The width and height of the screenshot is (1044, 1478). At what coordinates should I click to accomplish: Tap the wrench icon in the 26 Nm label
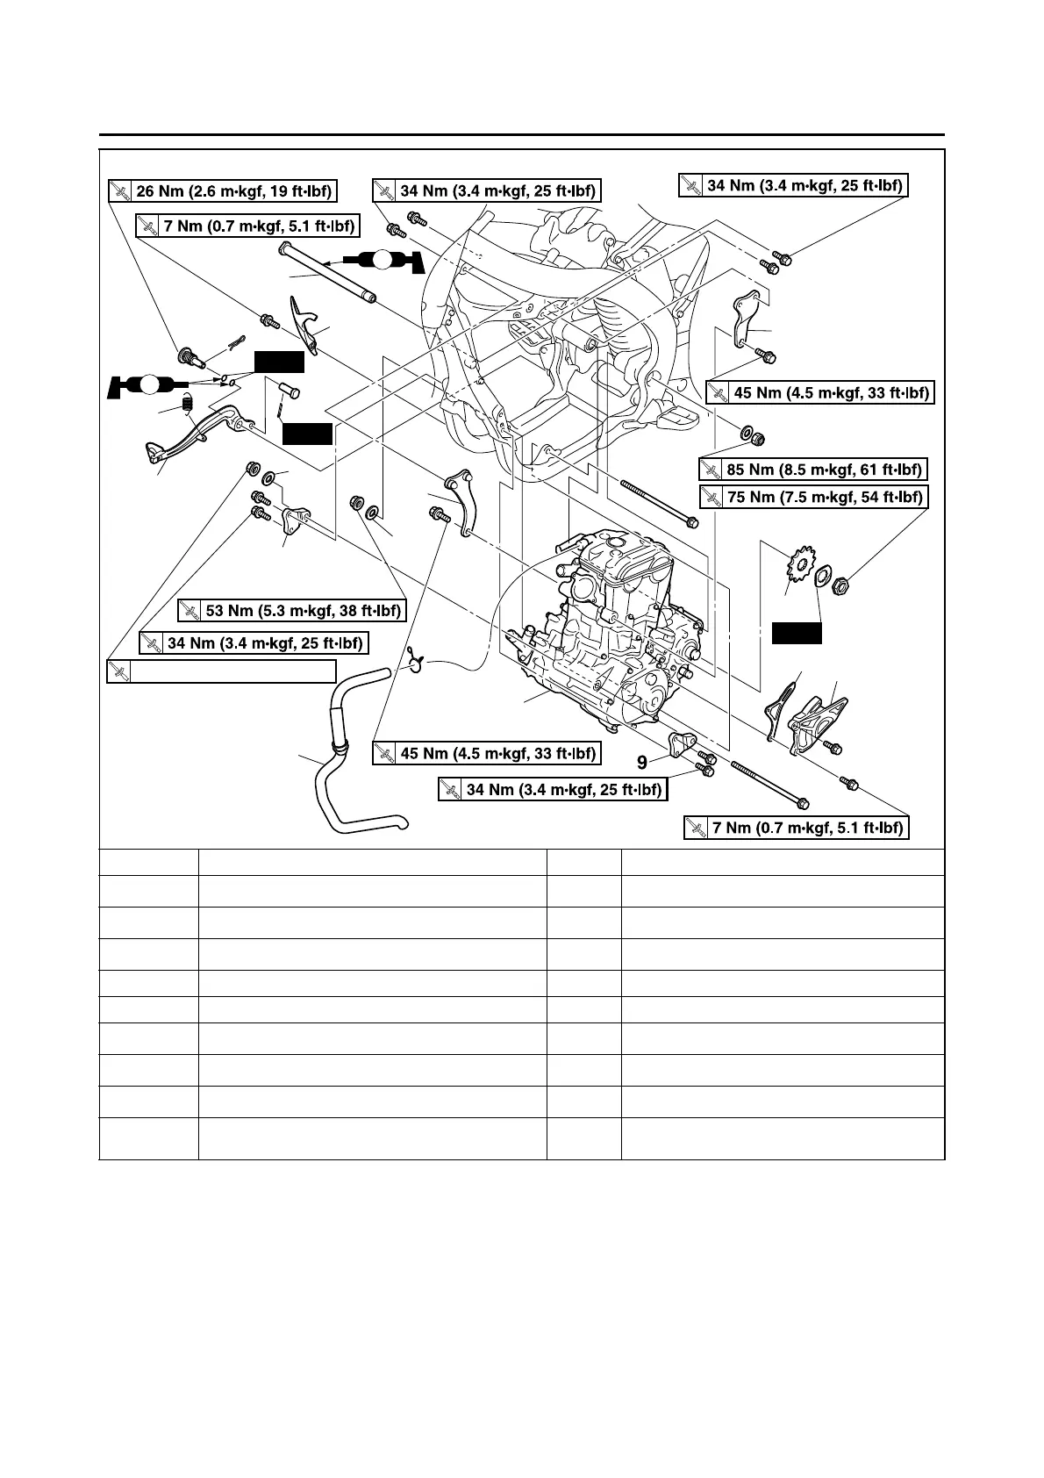119,191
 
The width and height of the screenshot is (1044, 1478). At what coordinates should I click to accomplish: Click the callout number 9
642,763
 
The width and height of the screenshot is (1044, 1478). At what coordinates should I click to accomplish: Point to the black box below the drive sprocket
797,633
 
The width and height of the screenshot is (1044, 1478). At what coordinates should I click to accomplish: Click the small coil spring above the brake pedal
187,403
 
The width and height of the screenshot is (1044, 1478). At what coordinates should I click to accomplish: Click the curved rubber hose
347,772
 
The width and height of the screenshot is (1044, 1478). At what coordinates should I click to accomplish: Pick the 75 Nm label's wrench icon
711,497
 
